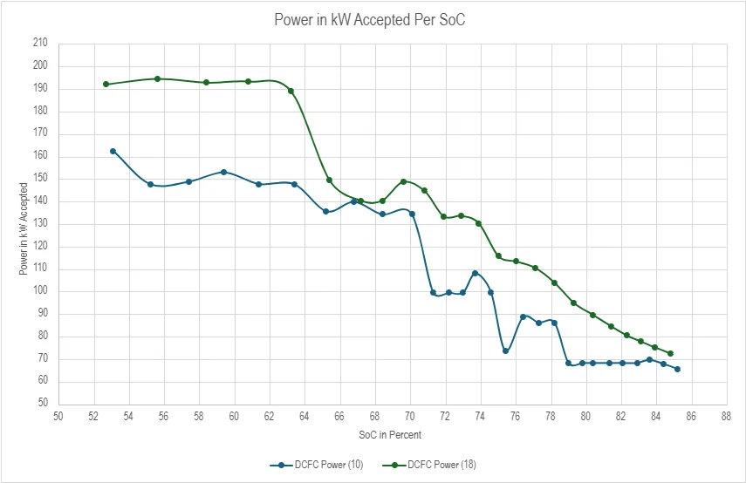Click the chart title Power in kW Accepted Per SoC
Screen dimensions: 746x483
pyautogui.click(x=370, y=20)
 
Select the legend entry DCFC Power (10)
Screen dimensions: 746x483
pyautogui.click(x=317, y=465)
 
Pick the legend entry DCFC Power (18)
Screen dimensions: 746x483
pyautogui.click(x=429, y=465)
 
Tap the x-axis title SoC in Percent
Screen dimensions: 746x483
pyautogui.click(x=390, y=434)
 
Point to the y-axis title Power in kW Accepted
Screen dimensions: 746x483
pyautogui.click(x=24, y=229)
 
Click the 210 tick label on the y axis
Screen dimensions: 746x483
pyautogui.click(x=40, y=43)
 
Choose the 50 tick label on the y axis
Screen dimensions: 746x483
pyautogui.click(x=43, y=403)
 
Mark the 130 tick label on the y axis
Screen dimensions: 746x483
pyautogui.click(x=40, y=223)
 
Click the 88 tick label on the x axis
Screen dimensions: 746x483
pyautogui.click(x=726, y=417)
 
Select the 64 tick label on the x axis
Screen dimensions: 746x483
pyautogui.click(x=304, y=417)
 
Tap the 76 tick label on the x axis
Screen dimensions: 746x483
pyautogui.click(x=515, y=417)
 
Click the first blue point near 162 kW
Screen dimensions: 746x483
pyautogui.click(x=113, y=151)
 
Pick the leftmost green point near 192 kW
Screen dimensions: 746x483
pyautogui.click(x=106, y=85)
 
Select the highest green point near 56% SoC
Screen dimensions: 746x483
pyautogui.click(x=157, y=79)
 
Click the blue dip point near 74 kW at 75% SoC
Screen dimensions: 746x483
pyautogui.click(x=505, y=350)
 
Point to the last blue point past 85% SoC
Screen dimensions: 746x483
pyautogui.click(x=677, y=369)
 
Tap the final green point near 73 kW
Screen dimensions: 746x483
pyautogui.click(x=670, y=354)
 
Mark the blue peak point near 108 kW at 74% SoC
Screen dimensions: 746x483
pyautogui.click(x=475, y=273)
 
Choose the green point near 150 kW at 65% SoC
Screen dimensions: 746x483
pyautogui.click(x=329, y=180)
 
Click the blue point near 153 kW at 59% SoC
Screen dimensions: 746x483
pyautogui.click(x=223, y=172)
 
